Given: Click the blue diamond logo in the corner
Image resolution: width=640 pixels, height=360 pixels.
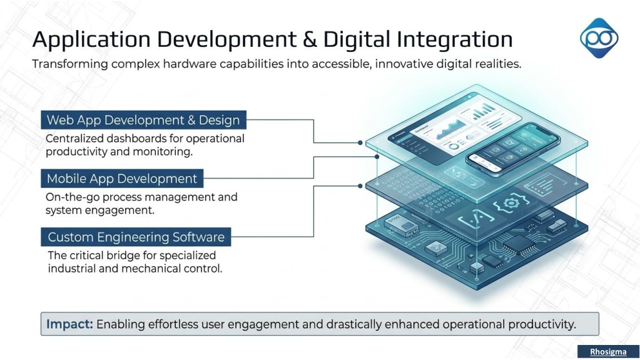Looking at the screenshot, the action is click(599, 38).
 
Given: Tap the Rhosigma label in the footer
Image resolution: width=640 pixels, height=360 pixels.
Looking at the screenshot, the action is click(608, 352).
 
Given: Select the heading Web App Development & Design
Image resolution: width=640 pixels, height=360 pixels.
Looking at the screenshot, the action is click(143, 120).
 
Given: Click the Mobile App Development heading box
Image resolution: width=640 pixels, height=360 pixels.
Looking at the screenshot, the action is click(122, 178).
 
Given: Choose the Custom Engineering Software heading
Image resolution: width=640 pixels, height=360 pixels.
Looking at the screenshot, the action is click(136, 237).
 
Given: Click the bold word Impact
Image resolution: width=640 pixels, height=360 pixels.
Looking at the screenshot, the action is click(70, 324).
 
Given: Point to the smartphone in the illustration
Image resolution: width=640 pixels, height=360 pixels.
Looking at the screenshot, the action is click(512, 149).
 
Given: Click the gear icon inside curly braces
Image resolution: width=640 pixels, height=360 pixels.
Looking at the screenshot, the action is click(511, 203).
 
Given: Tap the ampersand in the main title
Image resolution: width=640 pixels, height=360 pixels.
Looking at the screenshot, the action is click(310, 39).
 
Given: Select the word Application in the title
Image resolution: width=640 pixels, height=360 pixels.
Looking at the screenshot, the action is click(91, 40).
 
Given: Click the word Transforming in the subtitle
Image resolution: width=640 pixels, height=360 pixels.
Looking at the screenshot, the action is click(70, 64).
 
